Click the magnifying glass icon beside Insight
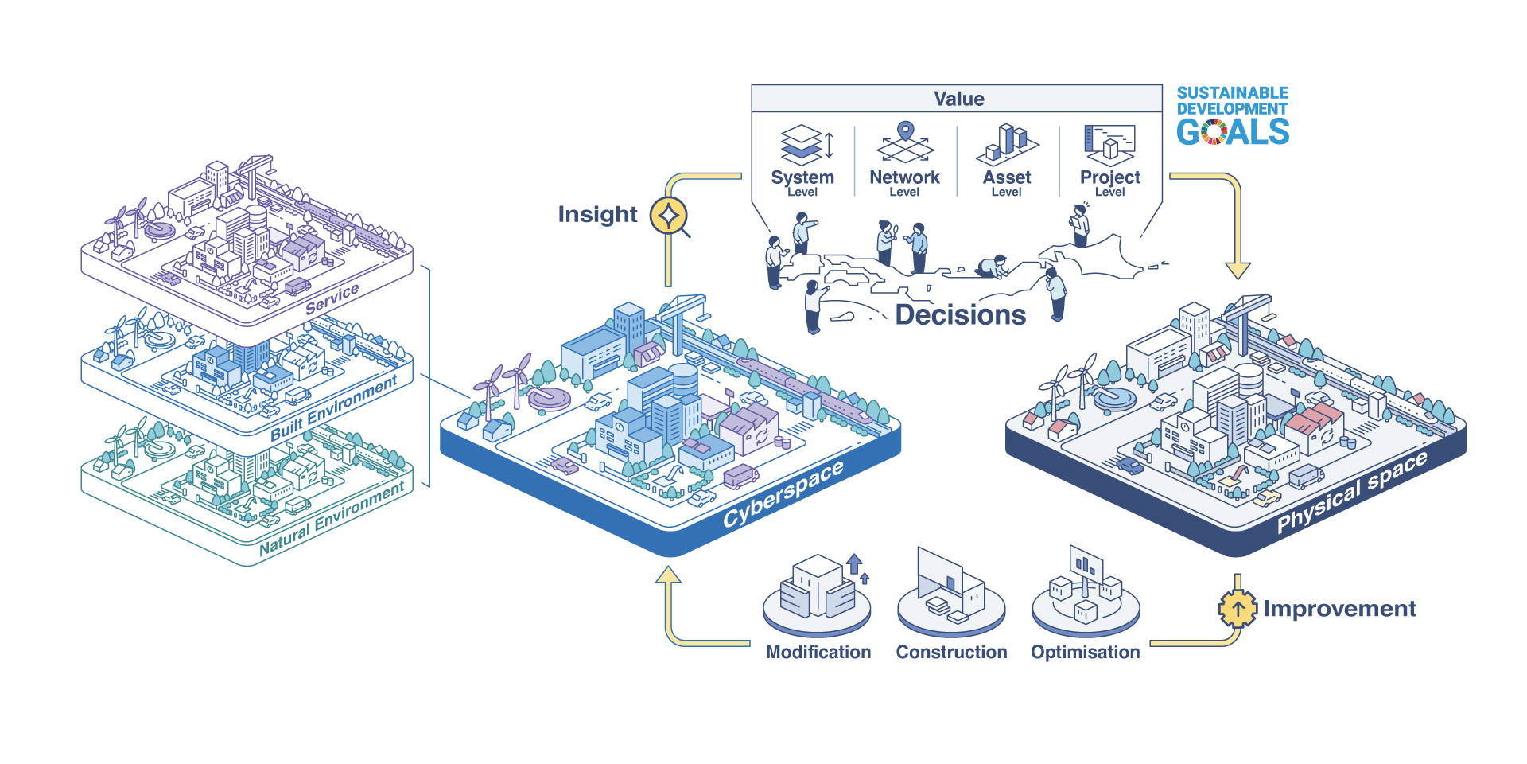coord(670,216)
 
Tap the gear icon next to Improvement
coord(1238,609)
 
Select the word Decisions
coord(960,315)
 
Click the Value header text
coord(958,99)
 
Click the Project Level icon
coord(1109,144)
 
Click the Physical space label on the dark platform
coord(1351,493)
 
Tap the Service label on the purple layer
coord(332,298)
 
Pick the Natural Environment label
coord(332,519)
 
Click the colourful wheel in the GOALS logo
coord(1214,132)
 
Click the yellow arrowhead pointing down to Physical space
coord(1238,270)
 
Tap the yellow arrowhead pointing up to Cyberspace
coord(668,575)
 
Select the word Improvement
coord(1339,609)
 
